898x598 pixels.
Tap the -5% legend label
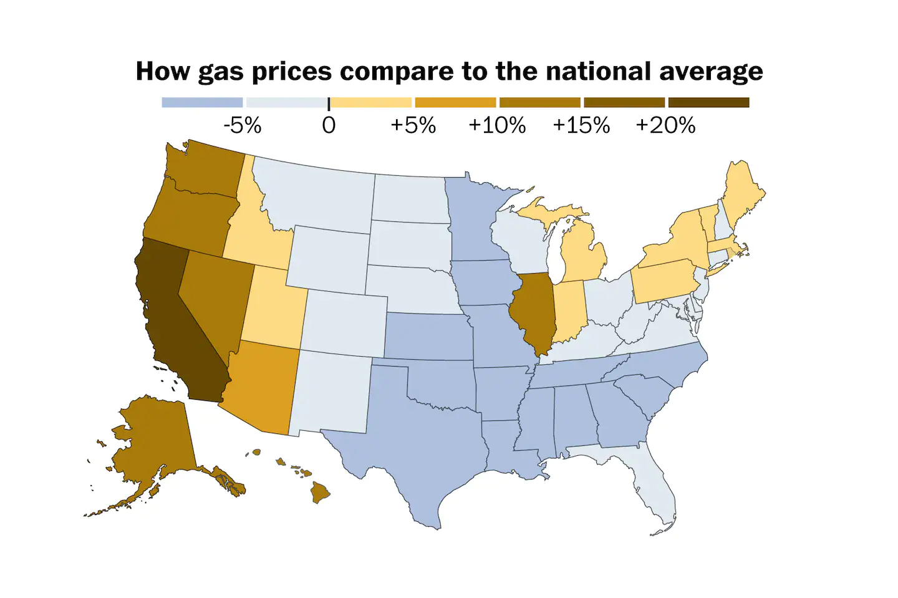242,125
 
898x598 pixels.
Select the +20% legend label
665,125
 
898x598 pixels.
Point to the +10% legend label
496,125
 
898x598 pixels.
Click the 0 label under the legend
329,125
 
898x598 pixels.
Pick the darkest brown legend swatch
708,102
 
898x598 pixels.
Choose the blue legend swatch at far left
202,102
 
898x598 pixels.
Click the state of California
175,324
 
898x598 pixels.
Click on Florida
655,493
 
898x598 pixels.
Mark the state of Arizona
262,387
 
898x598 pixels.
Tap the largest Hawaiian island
320,493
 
